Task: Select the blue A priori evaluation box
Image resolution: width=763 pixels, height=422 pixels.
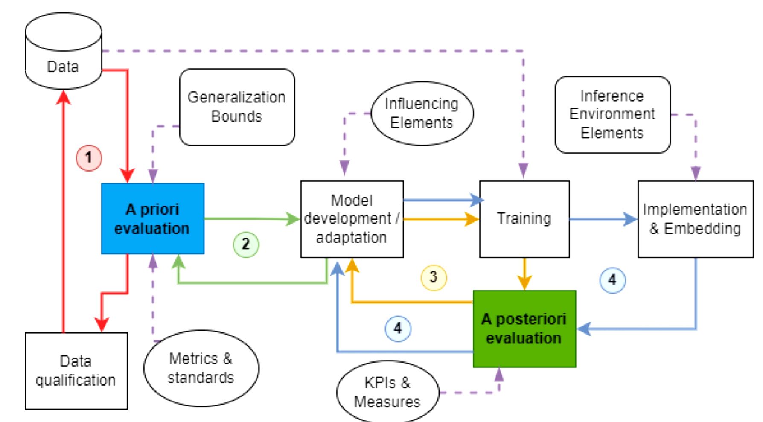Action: [152, 218]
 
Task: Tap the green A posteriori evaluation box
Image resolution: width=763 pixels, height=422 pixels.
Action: [524, 329]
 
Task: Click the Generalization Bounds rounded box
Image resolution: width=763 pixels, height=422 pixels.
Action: [237, 107]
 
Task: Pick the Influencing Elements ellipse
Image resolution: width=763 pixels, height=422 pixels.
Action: [422, 113]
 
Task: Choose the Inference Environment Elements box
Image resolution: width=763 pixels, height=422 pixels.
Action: [612, 114]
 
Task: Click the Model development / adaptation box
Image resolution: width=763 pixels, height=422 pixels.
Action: [352, 219]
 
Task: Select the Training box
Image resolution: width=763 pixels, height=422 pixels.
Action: [524, 219]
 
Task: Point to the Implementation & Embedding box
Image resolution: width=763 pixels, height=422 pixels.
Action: [695, 219]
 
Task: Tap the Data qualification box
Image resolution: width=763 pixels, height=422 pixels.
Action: [76, 370]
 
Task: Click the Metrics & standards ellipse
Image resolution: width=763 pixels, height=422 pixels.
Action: [201, 368]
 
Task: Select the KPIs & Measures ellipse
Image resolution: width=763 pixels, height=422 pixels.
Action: [387, 392]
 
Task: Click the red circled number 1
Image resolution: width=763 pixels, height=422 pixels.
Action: [89, 157]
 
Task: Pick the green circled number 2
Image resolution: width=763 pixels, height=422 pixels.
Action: [246, 244]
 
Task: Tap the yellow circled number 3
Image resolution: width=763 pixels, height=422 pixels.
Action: [434, 277]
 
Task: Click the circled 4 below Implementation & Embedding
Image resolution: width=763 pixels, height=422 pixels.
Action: [612, 280]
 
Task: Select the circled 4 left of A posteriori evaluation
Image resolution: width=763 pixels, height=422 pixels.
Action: [398, 328]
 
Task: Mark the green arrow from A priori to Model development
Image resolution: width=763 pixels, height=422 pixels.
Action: [252, 219]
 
